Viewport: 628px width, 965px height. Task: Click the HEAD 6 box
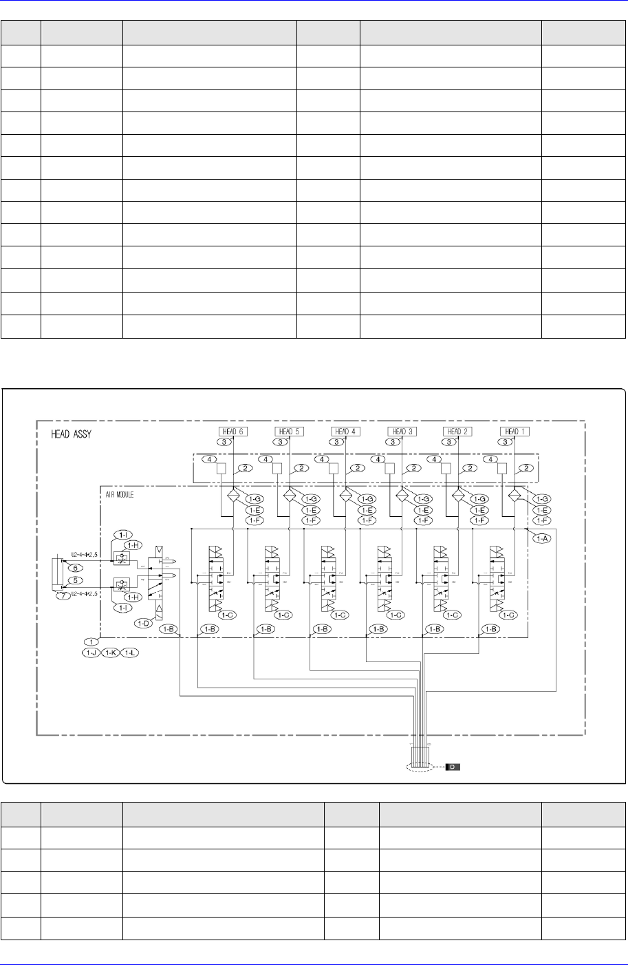pyautogui.click(x=230, y=431)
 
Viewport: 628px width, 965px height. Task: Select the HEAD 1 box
pyautogui.click(x=515, y=431)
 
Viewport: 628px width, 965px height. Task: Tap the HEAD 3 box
pyautogui.click(x=401, y=431)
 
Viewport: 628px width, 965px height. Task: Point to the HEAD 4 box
pyautogui.click(x=344, y=431)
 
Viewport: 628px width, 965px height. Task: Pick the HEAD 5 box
pyautogui.click(x=288, y=431)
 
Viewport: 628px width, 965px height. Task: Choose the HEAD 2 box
pyautogui.click(x=458, y=431)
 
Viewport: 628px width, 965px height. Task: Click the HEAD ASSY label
pyautogui.click(x=72, y=435)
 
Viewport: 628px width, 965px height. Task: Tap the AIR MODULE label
pyautogui.click(x=122, y=494)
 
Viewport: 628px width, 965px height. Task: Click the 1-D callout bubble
pyautogui.click(x=144, y=624)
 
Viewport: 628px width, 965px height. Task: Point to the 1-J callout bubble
pyautogui.click(x=90, y=653)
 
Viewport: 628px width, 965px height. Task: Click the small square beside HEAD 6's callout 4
pyautogui.click(x=221, y=469)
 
